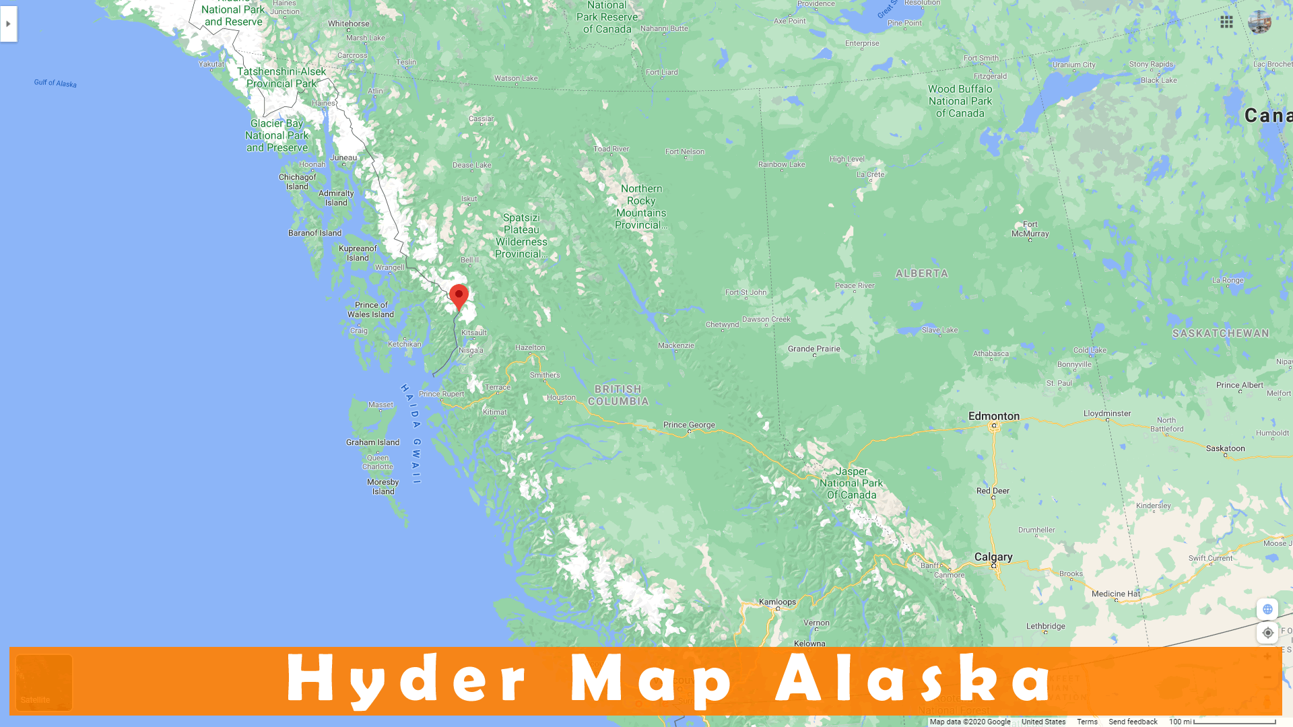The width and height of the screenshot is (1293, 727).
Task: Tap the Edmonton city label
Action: click(994, 417)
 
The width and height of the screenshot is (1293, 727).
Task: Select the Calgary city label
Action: click(993, 557)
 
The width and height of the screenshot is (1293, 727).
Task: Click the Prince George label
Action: click(689, 425)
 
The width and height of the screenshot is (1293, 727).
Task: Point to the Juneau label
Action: click(343, 158)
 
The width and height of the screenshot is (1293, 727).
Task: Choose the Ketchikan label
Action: click(404, 345)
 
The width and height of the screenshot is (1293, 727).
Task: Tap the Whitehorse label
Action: click(348, 24)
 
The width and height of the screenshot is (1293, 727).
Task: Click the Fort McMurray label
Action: click(1030, 230)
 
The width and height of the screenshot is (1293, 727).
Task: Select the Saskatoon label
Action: click(1225, 449)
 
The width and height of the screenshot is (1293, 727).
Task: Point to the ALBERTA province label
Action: click(921, 274)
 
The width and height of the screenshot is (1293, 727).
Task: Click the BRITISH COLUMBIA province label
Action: click(618, 396)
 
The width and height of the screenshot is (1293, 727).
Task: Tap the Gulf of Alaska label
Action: click(55, 83)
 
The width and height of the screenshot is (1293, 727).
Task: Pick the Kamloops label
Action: click(777, 602)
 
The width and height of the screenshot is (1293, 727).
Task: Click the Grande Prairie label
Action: click(814, 349)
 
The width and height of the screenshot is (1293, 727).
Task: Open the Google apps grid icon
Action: click(1226, 22)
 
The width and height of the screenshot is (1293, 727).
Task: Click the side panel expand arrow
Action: click(8, 24)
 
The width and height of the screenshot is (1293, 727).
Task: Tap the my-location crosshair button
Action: click(1267, 633)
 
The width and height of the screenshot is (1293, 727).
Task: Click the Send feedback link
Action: click(1133, 722)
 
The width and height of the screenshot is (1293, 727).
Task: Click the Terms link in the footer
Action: click(1087, 722)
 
